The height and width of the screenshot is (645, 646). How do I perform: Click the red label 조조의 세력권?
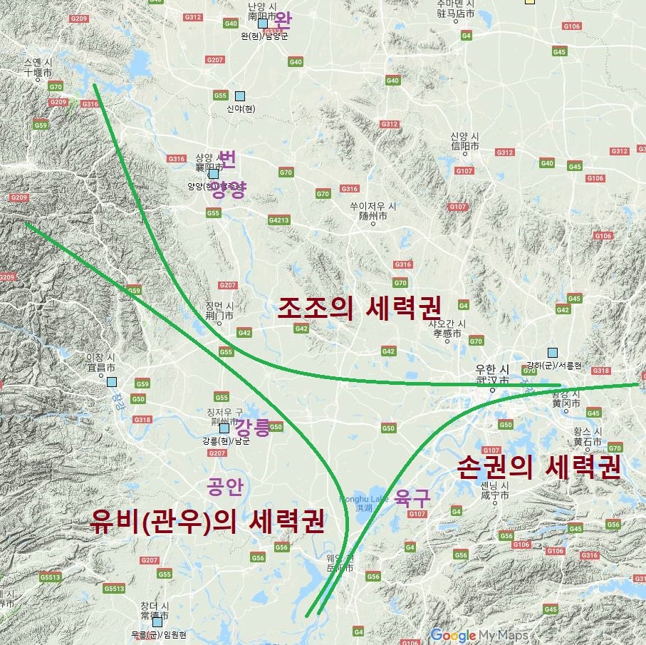[360, 308]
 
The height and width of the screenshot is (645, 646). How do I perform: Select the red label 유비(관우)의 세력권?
[207, 522]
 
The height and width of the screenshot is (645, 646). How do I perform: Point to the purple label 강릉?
[253, 428]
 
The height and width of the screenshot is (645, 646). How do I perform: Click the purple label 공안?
[225, 487]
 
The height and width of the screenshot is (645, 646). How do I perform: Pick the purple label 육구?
[413, 496]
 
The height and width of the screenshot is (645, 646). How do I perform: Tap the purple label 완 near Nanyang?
[283, 19]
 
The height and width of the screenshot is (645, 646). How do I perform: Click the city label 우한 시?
[493, 369]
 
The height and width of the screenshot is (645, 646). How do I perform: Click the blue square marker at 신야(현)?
[240, 96]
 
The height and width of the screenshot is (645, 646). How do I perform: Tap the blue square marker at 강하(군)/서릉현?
[552, 352]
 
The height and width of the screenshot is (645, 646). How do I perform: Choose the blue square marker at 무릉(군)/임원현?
[157, 622]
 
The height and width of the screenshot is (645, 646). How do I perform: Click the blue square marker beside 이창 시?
[112, 382]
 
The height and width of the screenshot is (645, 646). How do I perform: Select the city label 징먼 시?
[219, 306]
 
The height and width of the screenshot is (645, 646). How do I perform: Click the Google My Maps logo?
[479, 635]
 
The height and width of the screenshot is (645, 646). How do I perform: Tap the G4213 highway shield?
[278, 220]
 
